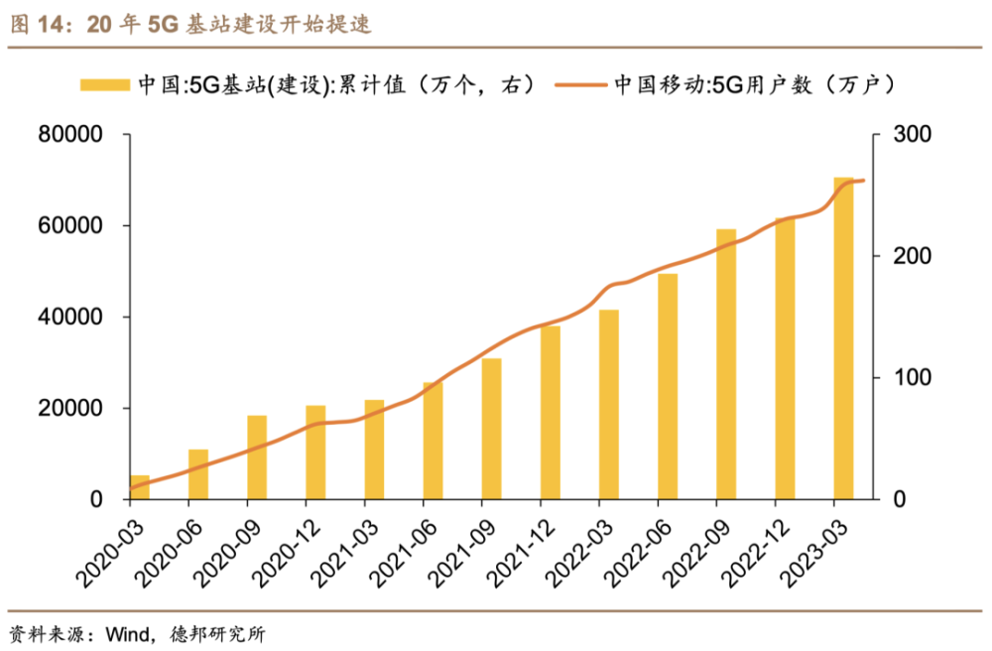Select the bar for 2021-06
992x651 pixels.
(433, 441)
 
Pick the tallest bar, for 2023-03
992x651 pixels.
(843, 337)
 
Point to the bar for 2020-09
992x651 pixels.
(257, 456)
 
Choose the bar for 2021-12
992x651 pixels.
(551, 412)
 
